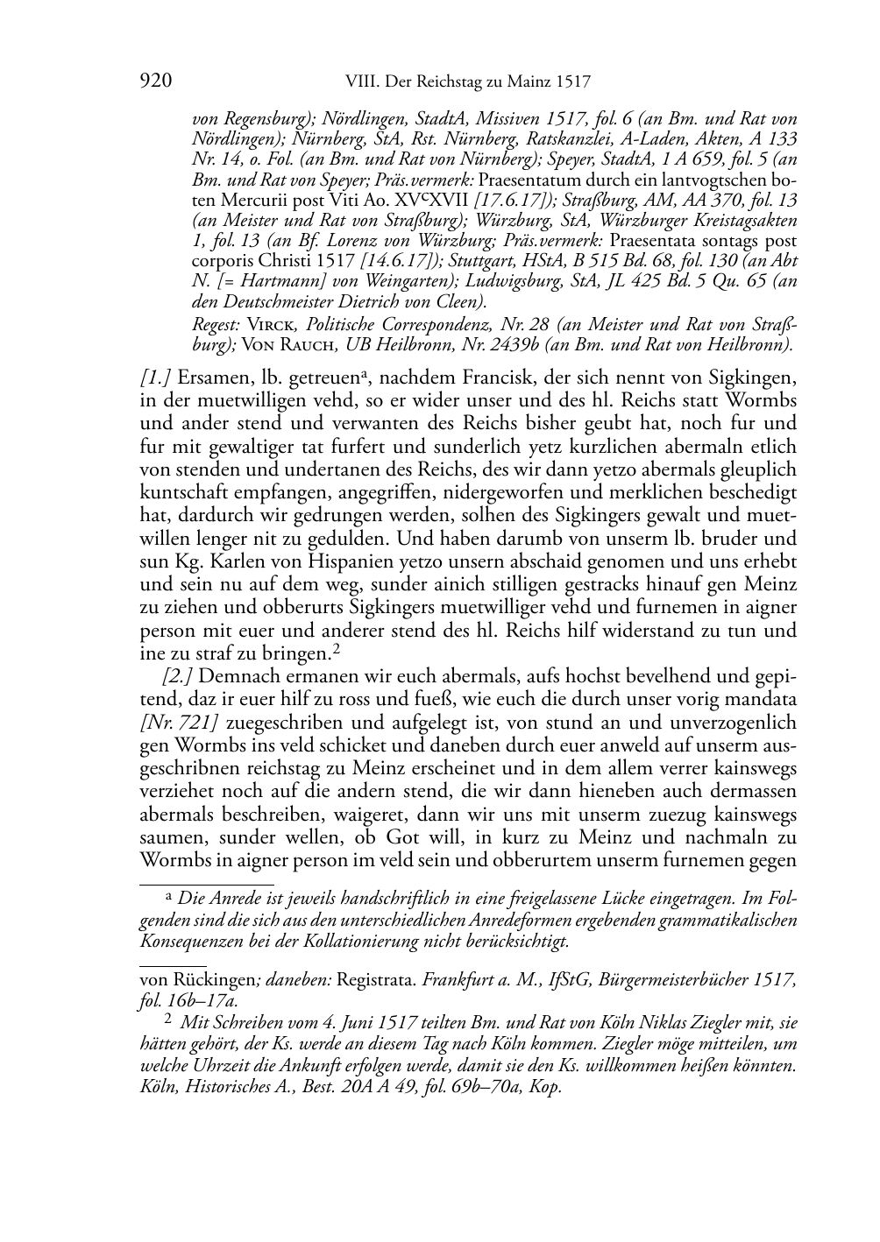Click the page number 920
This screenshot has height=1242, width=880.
(155, 82)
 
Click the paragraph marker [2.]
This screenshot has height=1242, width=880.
(180, 676)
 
